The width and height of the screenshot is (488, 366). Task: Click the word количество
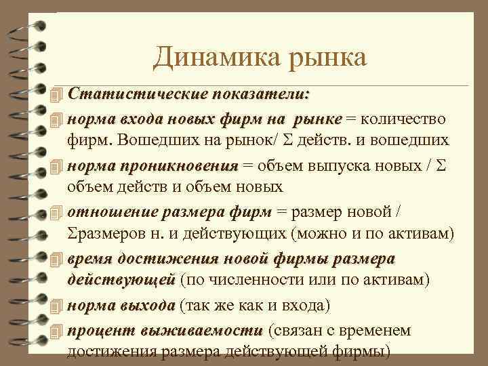pyautogui.click(x=404, y=119)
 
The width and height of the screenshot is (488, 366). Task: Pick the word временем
pyautogui.click(x=380, y=330)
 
